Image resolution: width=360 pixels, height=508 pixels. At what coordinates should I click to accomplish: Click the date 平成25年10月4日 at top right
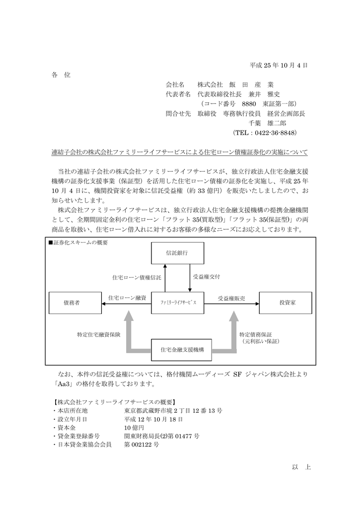[x=279, y=65]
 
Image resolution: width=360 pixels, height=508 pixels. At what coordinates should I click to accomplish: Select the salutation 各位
[x=61, y=75]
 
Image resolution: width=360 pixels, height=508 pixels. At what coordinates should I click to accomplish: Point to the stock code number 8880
[x=249, y=104]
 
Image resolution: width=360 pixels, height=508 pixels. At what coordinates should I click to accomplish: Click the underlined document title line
[x=180, y=152]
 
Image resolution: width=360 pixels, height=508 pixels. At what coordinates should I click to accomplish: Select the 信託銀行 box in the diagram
[x=177, y=254]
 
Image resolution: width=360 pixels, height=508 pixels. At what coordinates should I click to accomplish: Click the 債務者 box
[x=71, y=302]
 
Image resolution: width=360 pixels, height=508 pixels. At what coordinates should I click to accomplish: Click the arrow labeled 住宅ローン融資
[x=127, y=302]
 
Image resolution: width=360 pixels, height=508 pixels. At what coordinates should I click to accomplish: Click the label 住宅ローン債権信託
[x=137, y=278]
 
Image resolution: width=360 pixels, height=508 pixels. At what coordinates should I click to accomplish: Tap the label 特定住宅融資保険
[x=98, y=334]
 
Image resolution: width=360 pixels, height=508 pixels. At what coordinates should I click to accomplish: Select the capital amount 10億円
[x=134, y=428]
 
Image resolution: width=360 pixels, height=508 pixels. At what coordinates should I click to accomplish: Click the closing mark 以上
[x=301, y=467]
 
